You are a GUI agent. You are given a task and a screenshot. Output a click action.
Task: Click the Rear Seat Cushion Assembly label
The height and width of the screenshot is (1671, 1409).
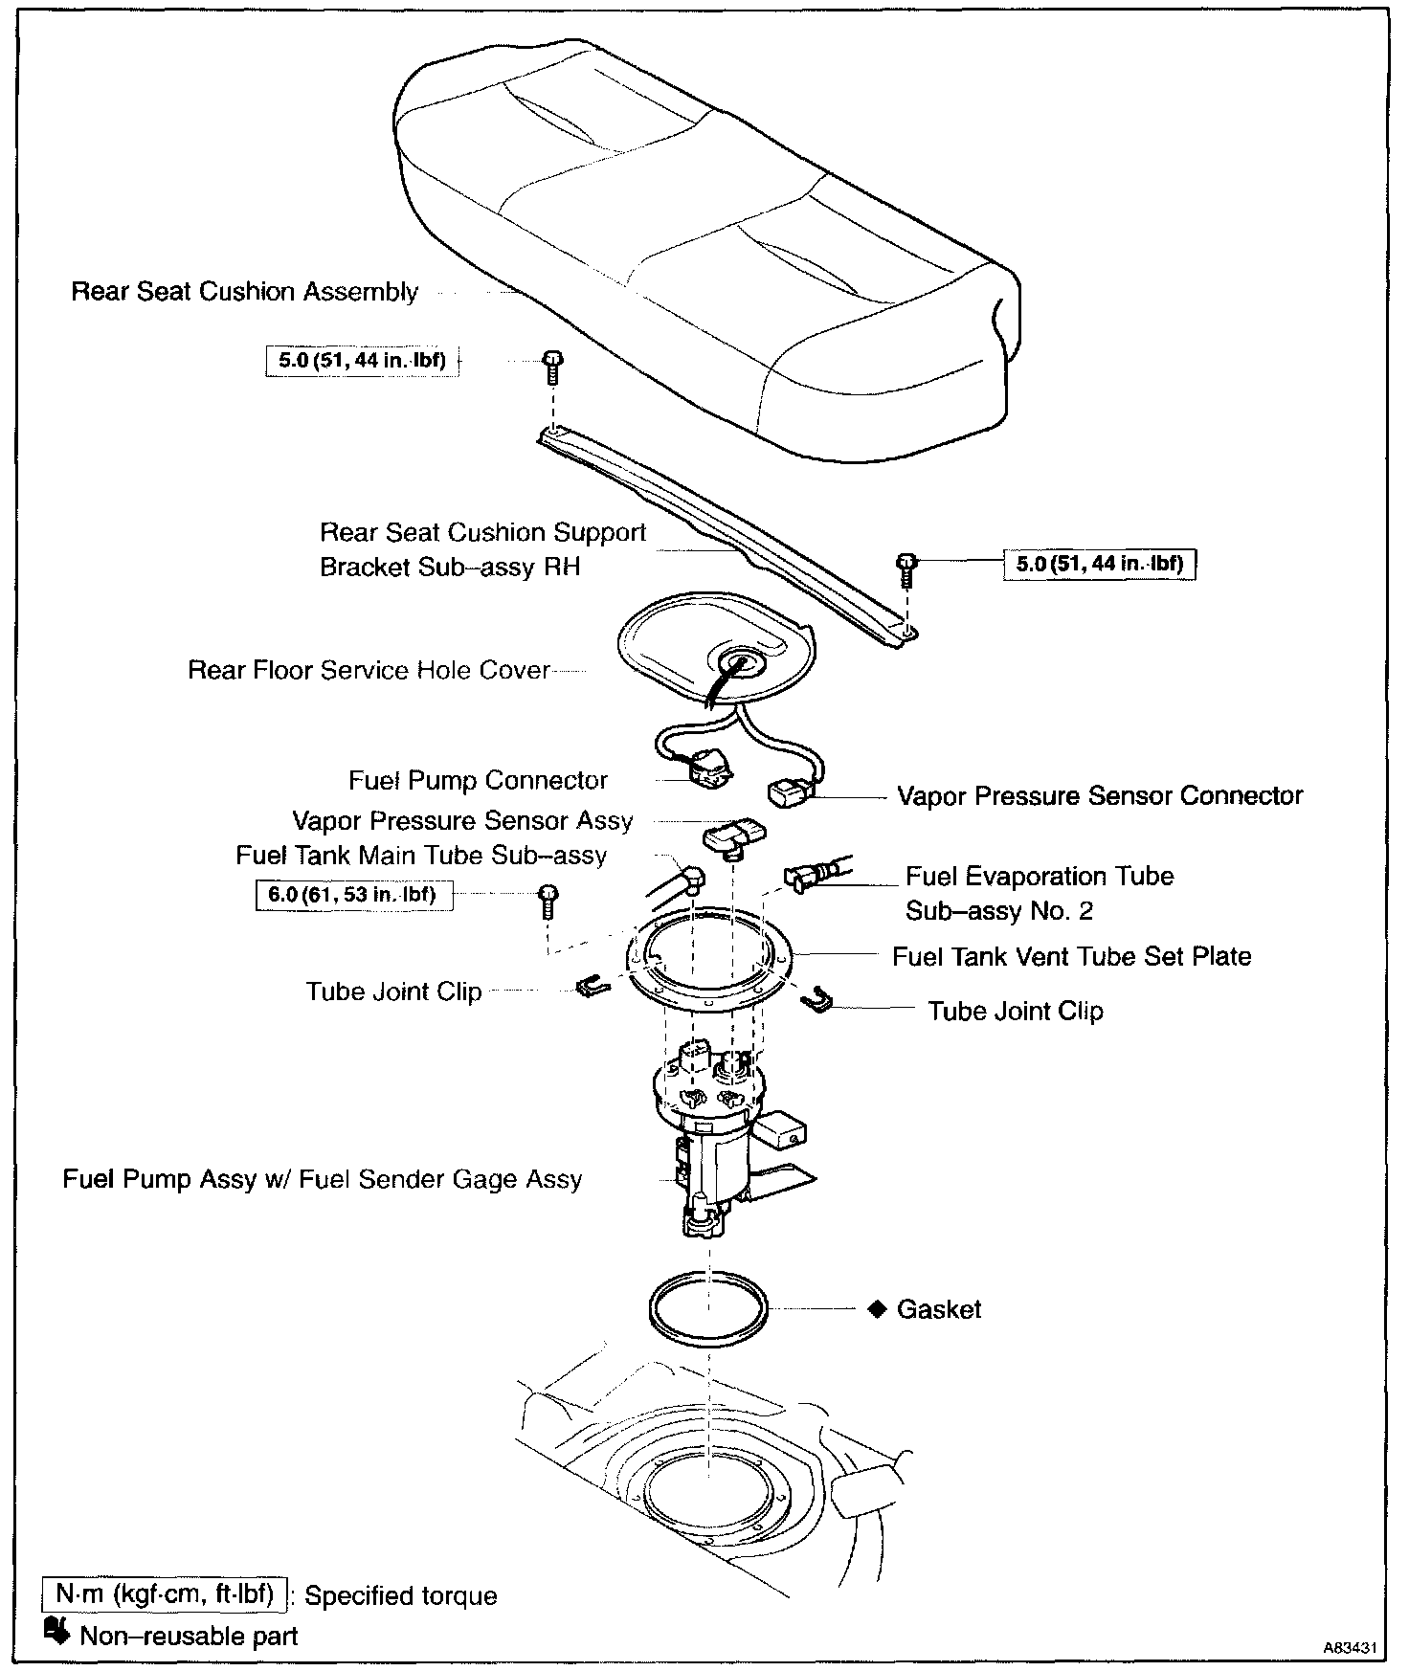pos(245,292)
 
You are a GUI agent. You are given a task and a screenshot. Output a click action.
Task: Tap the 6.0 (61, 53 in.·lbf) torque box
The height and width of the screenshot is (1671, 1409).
pos(353,895)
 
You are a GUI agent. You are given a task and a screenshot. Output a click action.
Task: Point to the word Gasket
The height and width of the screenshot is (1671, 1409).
pos(939,1309)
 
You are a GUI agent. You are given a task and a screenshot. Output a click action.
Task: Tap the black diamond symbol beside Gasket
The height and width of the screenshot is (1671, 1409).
pos(876,1308)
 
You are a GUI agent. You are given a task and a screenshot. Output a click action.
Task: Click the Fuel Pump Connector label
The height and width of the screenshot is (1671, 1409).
pos(478,780)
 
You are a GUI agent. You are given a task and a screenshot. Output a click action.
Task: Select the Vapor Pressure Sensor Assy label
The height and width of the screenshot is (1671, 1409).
pos(462,821)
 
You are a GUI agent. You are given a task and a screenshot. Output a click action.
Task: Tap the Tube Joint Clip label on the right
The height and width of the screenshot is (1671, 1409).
pos(1016,1011)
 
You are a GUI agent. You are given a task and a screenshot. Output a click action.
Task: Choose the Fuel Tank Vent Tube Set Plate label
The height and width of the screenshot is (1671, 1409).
pos(1071,956)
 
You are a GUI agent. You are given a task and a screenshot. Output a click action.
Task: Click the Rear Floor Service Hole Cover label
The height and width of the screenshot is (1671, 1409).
pos(369,670)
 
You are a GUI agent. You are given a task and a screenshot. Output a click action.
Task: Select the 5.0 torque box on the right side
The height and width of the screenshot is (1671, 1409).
pos(1100,564)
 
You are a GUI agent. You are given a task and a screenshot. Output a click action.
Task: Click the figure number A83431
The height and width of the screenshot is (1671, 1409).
pos(1350,1648)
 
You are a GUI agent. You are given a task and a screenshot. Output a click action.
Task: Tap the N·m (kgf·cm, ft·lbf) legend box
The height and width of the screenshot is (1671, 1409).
pos(165,1593)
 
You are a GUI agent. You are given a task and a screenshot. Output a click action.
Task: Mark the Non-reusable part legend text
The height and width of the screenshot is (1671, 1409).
pos(189,1636)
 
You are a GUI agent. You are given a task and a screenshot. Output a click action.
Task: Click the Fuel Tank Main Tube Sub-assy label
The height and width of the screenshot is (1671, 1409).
pos(421,855)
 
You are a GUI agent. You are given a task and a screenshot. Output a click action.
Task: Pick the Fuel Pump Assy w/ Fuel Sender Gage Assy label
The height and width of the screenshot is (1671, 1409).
pos(323,1178)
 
